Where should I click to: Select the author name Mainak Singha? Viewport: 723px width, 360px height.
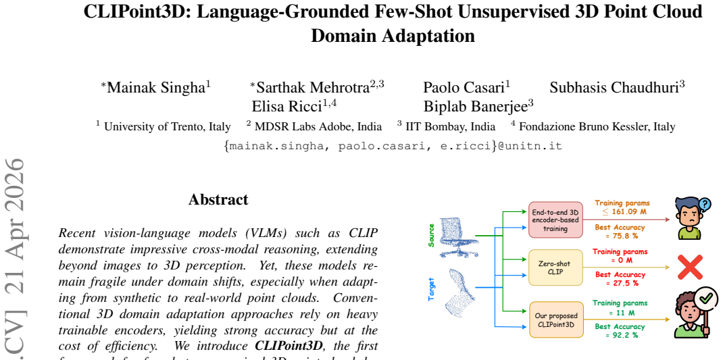point(156,87)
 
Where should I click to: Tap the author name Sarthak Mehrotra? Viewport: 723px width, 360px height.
point(313,87)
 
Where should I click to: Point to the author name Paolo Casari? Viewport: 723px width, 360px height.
point(464,87)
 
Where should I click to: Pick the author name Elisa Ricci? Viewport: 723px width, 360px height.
point(286,107)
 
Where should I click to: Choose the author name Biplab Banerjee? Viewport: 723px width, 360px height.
point(476,107)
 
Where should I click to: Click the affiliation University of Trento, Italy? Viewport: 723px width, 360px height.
point(168,126)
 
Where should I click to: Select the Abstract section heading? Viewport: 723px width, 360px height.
point(218,199)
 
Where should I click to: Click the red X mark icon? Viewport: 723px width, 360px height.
point(691,267)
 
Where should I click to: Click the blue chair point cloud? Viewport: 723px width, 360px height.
point(458,238)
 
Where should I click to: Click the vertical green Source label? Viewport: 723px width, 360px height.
point(432,235)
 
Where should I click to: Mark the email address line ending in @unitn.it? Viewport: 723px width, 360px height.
point(393,147)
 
